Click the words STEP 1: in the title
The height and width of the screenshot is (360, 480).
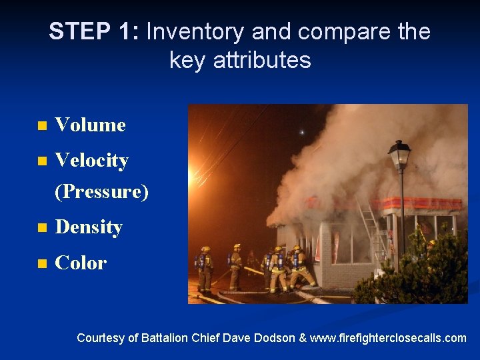pos(94,31)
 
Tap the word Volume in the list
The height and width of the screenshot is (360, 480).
pos(90,125)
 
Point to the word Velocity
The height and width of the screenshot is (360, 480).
pos(91,160)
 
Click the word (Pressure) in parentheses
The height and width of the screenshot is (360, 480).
pos(101,191)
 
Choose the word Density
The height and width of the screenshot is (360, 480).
pos(89,227)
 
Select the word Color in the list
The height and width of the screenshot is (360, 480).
pos(81,263)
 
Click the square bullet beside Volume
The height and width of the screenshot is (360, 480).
pos(42,125)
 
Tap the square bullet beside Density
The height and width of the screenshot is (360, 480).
pos(42,228)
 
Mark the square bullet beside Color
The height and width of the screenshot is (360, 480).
pos(42,263)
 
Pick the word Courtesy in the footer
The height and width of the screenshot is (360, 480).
pos(100,338)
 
